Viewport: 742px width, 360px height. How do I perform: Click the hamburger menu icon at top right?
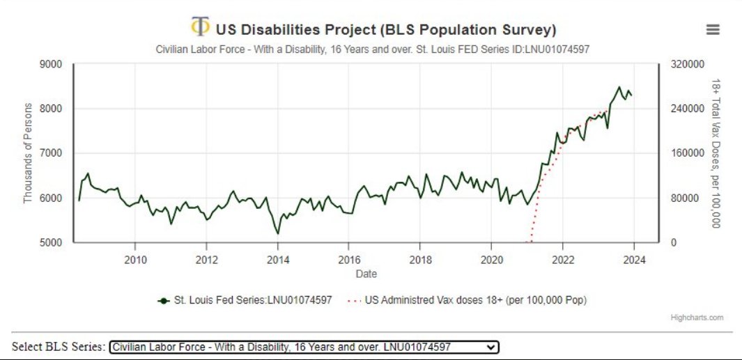pyautogui.click(x=712, y=29)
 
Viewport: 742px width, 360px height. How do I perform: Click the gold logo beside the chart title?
pyautogui.click(x=200, y=27)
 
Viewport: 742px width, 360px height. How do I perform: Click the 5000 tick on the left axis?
pyautogui.click(x=53, y=242)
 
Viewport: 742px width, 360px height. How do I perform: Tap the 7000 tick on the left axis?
pyautogui.click(x=53, y=153)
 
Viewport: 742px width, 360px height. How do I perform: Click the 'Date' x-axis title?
pyautogui.click(x=366, y=274)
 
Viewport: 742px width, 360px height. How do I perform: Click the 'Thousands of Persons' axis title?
pyautogui.click(x=29, y=153)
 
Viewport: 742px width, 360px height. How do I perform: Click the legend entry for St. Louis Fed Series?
pyautogui.click(x=252, y=300)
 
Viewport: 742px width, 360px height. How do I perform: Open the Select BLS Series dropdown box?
pyautogui.click(x=304, y=347)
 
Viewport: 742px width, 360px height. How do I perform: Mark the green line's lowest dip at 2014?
pyautogui.click(x=278, y=233)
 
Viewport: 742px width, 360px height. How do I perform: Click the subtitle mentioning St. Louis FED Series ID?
pyautogui.click(x=366, y=48)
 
